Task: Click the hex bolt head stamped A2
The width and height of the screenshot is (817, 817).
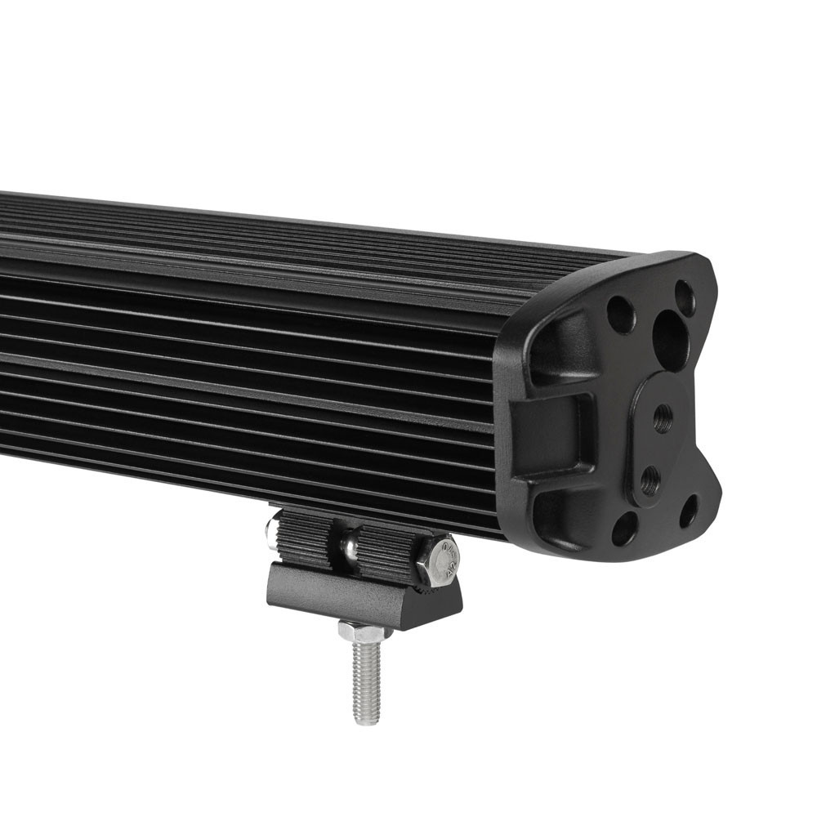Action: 439,560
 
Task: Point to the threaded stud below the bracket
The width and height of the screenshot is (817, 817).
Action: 365,678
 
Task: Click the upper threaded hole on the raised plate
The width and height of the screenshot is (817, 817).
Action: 663,418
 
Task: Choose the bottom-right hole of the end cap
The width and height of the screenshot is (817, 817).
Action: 689,511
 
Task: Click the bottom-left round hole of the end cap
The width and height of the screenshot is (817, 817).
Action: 625,528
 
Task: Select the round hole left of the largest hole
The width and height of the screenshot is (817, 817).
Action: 621,315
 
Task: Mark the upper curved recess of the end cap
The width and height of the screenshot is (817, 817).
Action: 564,347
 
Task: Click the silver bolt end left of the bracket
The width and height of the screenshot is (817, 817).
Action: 270,531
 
